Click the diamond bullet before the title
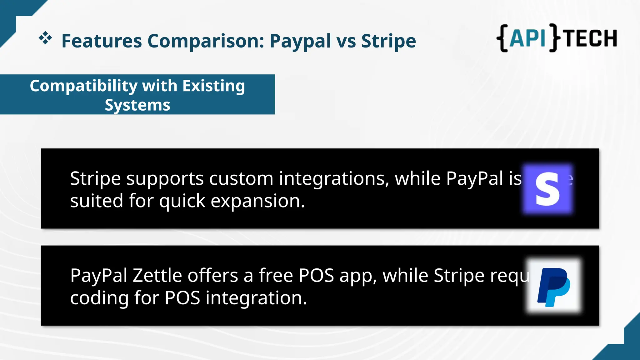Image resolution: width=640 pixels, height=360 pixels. pyautogui.click(x=45, y=38)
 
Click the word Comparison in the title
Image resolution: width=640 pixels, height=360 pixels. pyautogui.click(x=206, y=41)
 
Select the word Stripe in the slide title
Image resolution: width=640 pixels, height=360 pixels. pyautogui.click(x=388, y=41)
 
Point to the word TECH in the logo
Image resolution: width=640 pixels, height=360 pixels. pyautogui.click(x=591, y=38)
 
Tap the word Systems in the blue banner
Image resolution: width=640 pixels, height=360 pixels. pyautogui.click(x=137, y=105)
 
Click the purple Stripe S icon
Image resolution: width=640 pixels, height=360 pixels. pyautogui.click(x=548, y=189)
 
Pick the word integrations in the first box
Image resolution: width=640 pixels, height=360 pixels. pyautogui.click(x=334, y=179)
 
